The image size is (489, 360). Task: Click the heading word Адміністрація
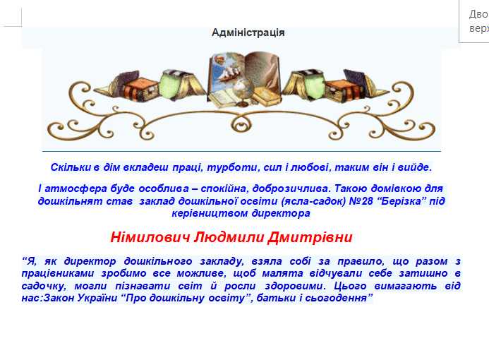[x=248, y=32]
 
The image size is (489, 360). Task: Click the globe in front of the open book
[x=242, y=91]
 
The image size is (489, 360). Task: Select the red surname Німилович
[x=150, y=237]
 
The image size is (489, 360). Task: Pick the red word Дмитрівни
[x=310, y=237]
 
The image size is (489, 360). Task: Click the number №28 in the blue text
[x=361, y=201]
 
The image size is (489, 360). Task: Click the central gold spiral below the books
[x=241, y=124]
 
